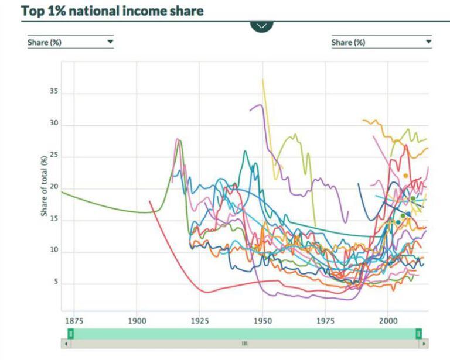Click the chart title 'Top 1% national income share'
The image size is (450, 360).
(112, 11)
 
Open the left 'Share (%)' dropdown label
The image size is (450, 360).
(45, 42)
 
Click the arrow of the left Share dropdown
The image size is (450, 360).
(110, 42)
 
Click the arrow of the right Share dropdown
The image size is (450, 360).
(428, 42)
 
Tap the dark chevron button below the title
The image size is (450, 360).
(261, 26)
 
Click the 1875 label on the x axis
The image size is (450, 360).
(74, 321)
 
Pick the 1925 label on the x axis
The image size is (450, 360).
(199, 321)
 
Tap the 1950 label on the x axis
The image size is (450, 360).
(262, 321)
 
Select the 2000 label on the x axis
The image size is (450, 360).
(388, 321)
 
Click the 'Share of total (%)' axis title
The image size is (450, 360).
(44, 186)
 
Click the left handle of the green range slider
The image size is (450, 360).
(70, 333)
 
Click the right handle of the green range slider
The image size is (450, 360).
(418, 333)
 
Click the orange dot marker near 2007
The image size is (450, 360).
(405, 176)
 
